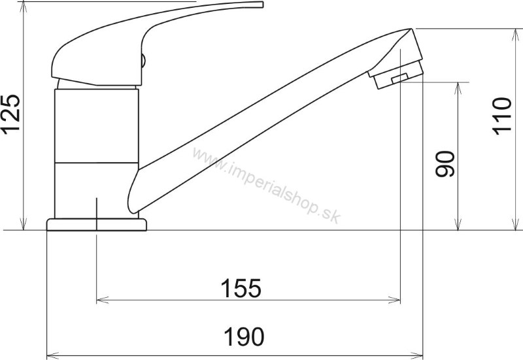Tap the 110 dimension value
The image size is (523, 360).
[502, 116]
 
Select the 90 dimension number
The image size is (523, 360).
[445, 164]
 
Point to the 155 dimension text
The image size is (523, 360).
[241, 288]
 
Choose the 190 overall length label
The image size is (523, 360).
[244, 336]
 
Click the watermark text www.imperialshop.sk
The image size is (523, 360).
[267, 186]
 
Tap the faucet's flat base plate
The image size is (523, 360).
[96, 225]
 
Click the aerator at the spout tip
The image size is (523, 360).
[397, 76]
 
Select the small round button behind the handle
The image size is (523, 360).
[143, 61]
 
